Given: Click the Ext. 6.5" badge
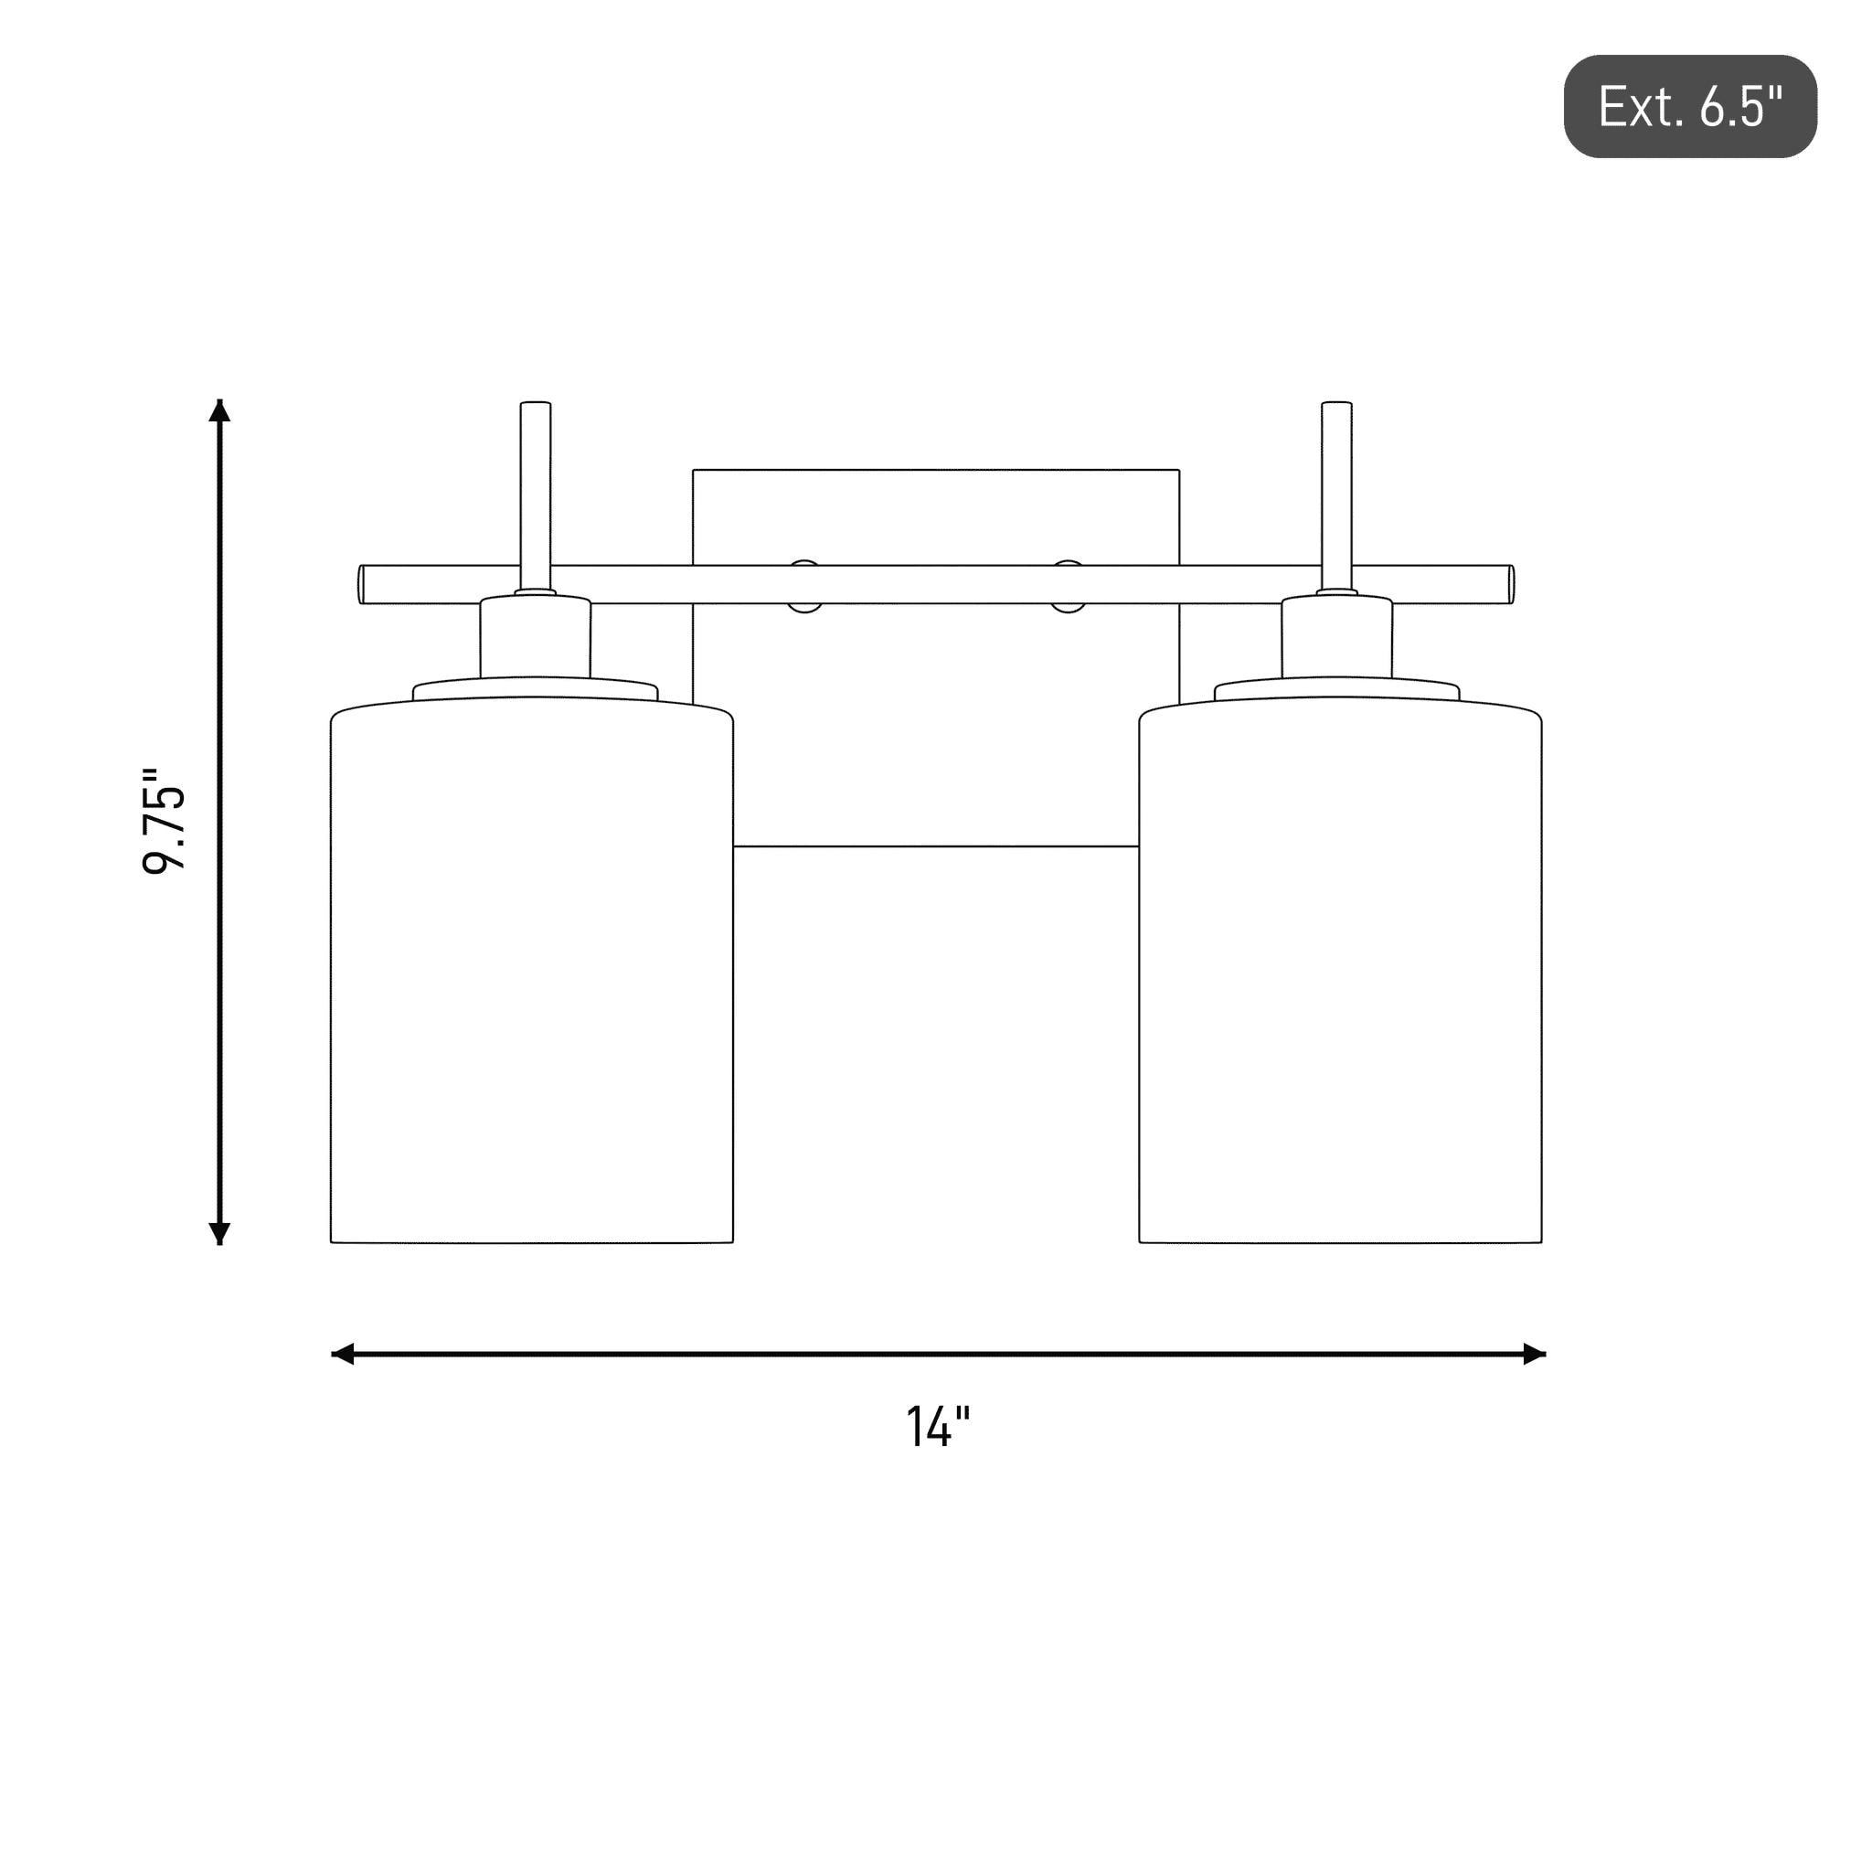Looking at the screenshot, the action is [1690, 106].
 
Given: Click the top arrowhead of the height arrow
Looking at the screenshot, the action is [220, 410].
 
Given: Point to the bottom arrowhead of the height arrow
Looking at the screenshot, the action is [220, 1232].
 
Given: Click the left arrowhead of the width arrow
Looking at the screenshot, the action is [343, 1354].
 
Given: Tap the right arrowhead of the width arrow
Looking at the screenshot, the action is [1534, 1354].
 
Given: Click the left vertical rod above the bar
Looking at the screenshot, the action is [536, 495].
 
